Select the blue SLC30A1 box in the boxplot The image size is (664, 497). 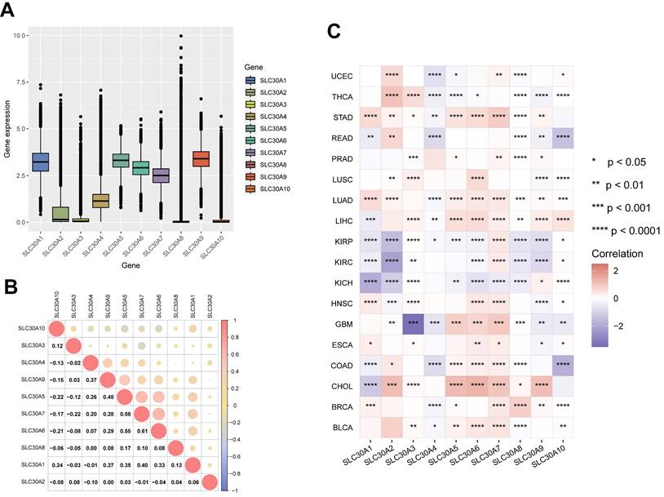40,162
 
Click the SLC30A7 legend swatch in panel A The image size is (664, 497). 252,152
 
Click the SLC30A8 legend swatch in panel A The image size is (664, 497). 252,164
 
